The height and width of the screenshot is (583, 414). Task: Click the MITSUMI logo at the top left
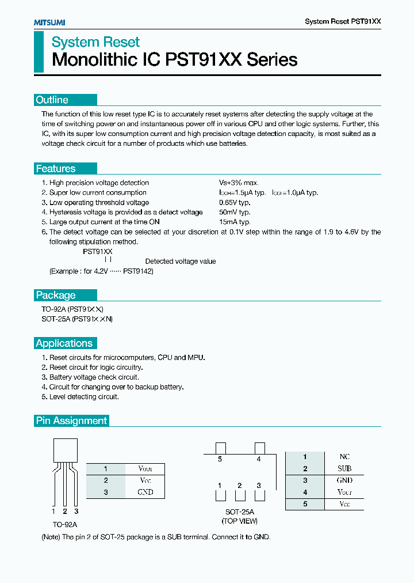(49, 22)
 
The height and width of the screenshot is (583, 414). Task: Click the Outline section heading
(52, 100)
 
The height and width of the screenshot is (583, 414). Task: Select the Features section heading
(56, 168)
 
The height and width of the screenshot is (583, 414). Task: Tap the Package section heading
(56, 295)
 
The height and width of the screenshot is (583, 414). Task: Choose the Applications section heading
(64, 343)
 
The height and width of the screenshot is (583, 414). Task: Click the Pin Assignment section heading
(72, 421)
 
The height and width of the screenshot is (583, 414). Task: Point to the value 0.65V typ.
(235, 202)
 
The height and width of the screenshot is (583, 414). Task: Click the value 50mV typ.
(235, 212)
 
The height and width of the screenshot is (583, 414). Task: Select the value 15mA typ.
(235, 222)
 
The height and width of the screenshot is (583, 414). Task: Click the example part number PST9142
(138, 271)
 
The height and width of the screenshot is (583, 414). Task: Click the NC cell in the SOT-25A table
(344, 457)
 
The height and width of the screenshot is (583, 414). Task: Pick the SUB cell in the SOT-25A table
(344, 469)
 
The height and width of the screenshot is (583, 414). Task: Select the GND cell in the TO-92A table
(145, 492)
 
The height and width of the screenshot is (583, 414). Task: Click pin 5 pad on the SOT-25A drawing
(220, 448)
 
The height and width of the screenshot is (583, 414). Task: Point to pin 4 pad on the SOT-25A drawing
(259, 448)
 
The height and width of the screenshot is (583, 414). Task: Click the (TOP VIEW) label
(240, 521)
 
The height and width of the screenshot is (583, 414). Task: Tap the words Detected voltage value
(181, 261)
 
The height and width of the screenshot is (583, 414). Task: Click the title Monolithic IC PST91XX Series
(175, 59)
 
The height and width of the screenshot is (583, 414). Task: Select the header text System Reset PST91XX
(343, 21)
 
